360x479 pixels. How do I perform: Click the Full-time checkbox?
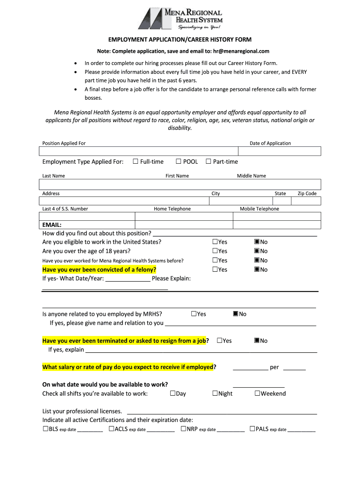pyautogui.click(x=136, y=162)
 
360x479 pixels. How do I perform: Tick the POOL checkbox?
pyautogui.click(x=179, y=162)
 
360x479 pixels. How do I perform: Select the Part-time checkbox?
pyautogui.click(x=209, y=162)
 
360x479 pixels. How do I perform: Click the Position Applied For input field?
pyautogui.click(x=138, y=151)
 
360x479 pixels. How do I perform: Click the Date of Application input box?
pyautogui.click(x=279, y=151)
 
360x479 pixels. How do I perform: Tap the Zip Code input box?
pyautogui.click(x=306, y=201)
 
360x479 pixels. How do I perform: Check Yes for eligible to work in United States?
pyautogui.click(x=215, y=242)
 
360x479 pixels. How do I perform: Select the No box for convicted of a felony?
pyautogui.click(x=257, y=269)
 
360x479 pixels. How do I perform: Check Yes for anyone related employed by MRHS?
pyautogui.click(x=194, y=314)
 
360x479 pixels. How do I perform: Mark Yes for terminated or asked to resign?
pyautogui.click(x=220, y=341)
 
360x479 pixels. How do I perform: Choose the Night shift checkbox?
pyautogui.click(x=215, y=393)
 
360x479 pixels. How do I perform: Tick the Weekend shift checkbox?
pyautogui.click(x=257, y=393)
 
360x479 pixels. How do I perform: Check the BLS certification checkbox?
pyautogui.click(x=45, y=428)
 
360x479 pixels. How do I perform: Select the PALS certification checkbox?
pyautogui.click(x=252, y=428)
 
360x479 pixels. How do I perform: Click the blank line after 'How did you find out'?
pyautogui.click(x=235, y=233)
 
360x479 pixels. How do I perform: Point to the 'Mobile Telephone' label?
pyautogui.click(x=259, y=209)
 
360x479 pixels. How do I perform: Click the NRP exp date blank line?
pyautogui.click(x=230, y=429)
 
